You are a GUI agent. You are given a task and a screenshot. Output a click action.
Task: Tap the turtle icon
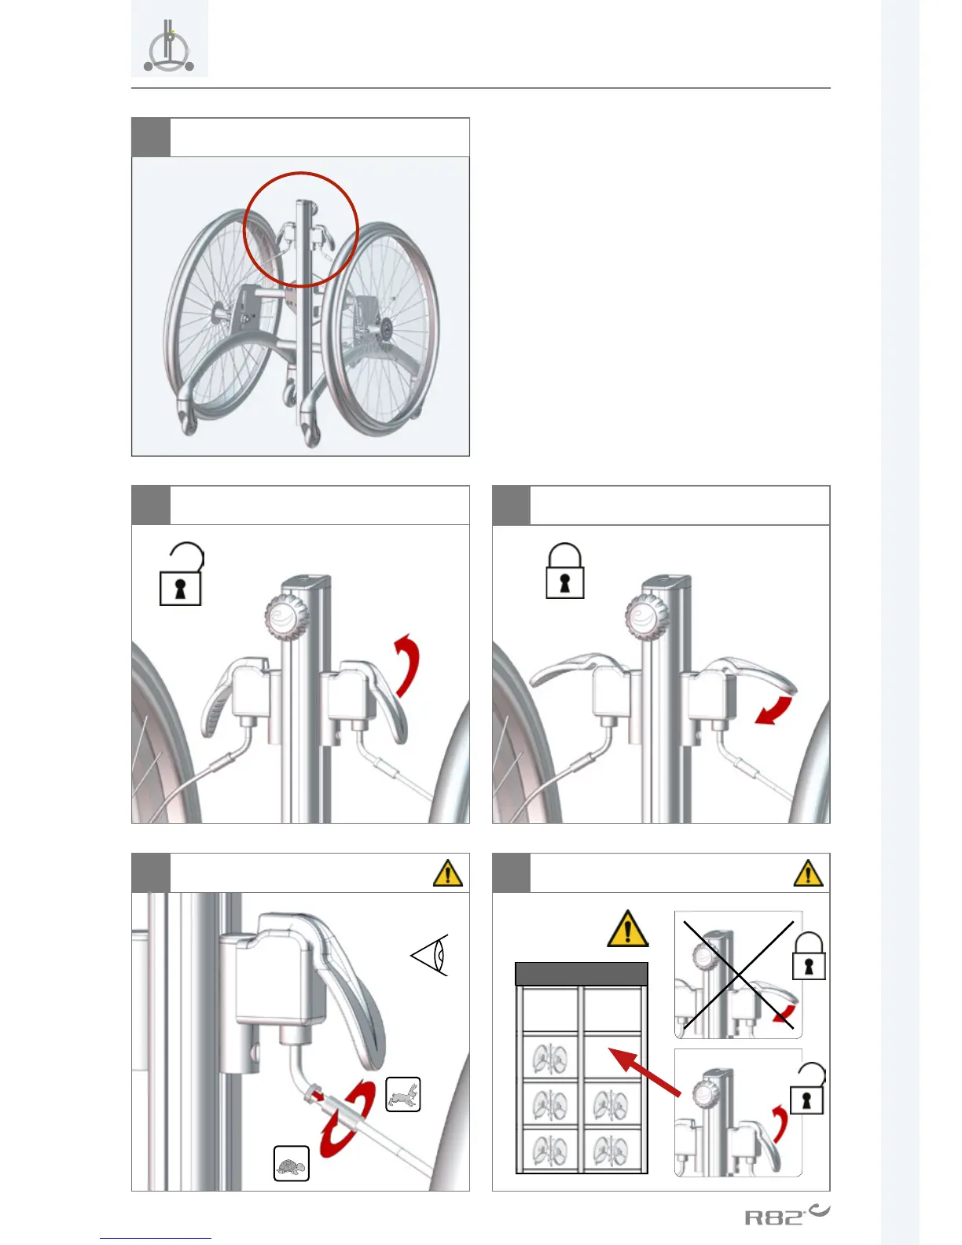coord(292,1164)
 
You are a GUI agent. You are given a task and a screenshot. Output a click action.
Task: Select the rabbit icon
coord(403,1094)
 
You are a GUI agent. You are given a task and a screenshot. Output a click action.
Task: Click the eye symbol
coord(431,955)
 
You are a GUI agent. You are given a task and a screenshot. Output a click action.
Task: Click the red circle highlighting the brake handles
coord(301,229)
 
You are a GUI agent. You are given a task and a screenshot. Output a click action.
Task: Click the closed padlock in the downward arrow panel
coord(565,572)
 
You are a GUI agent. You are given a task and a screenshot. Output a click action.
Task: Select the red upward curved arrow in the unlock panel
coord(408,664)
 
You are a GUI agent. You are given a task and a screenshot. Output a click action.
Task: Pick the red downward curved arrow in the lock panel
coord(775,709)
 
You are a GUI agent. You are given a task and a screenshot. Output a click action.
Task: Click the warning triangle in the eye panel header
coord(448,873)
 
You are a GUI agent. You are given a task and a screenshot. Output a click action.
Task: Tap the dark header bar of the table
coord(582,974)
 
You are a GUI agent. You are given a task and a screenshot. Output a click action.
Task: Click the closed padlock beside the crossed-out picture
coord(810,957)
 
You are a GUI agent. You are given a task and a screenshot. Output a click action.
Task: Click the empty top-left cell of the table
coord(550,1009)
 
